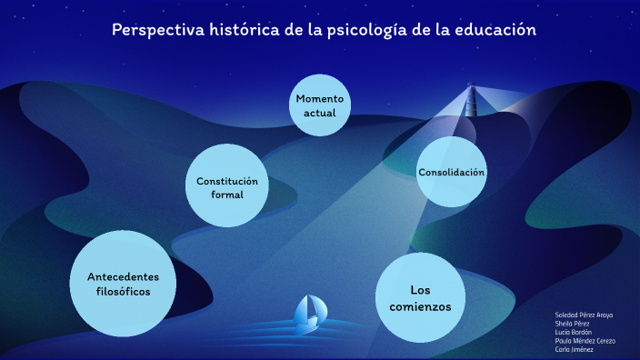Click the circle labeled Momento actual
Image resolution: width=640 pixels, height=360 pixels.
point(320,105)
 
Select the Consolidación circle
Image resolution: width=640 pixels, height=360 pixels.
point(451,172)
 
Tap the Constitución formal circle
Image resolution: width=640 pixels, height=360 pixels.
point(227,187)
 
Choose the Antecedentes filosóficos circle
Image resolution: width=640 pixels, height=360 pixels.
point(123,283)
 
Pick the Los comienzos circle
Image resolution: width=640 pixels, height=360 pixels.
point(419,297)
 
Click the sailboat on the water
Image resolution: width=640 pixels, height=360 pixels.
point(307,312)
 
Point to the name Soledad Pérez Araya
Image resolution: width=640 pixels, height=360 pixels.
point(584,315)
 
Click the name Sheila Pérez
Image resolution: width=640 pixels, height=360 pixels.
point(573,323)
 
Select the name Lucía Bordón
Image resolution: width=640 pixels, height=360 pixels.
point(574,332)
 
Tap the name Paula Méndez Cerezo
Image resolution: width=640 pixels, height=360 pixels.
point(585,341)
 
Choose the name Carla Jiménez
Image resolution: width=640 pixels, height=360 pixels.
point(574,349)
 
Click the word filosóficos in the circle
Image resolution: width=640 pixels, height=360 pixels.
point(123,292)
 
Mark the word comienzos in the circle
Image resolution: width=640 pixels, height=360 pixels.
point(420,306)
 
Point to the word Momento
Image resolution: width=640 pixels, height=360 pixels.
point(320,97)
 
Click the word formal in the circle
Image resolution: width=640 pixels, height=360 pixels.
point(227,195)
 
